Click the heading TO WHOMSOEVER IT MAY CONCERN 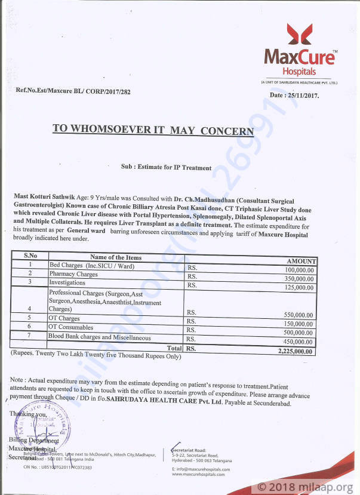point(153,130)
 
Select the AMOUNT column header point(301,261)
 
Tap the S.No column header point(30,256)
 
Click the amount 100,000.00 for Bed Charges point(292,270)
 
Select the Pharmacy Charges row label point(73,273)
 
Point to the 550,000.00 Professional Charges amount point(292,315)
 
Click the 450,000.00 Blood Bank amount point(292,342)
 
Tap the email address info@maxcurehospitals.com point(201,469)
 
